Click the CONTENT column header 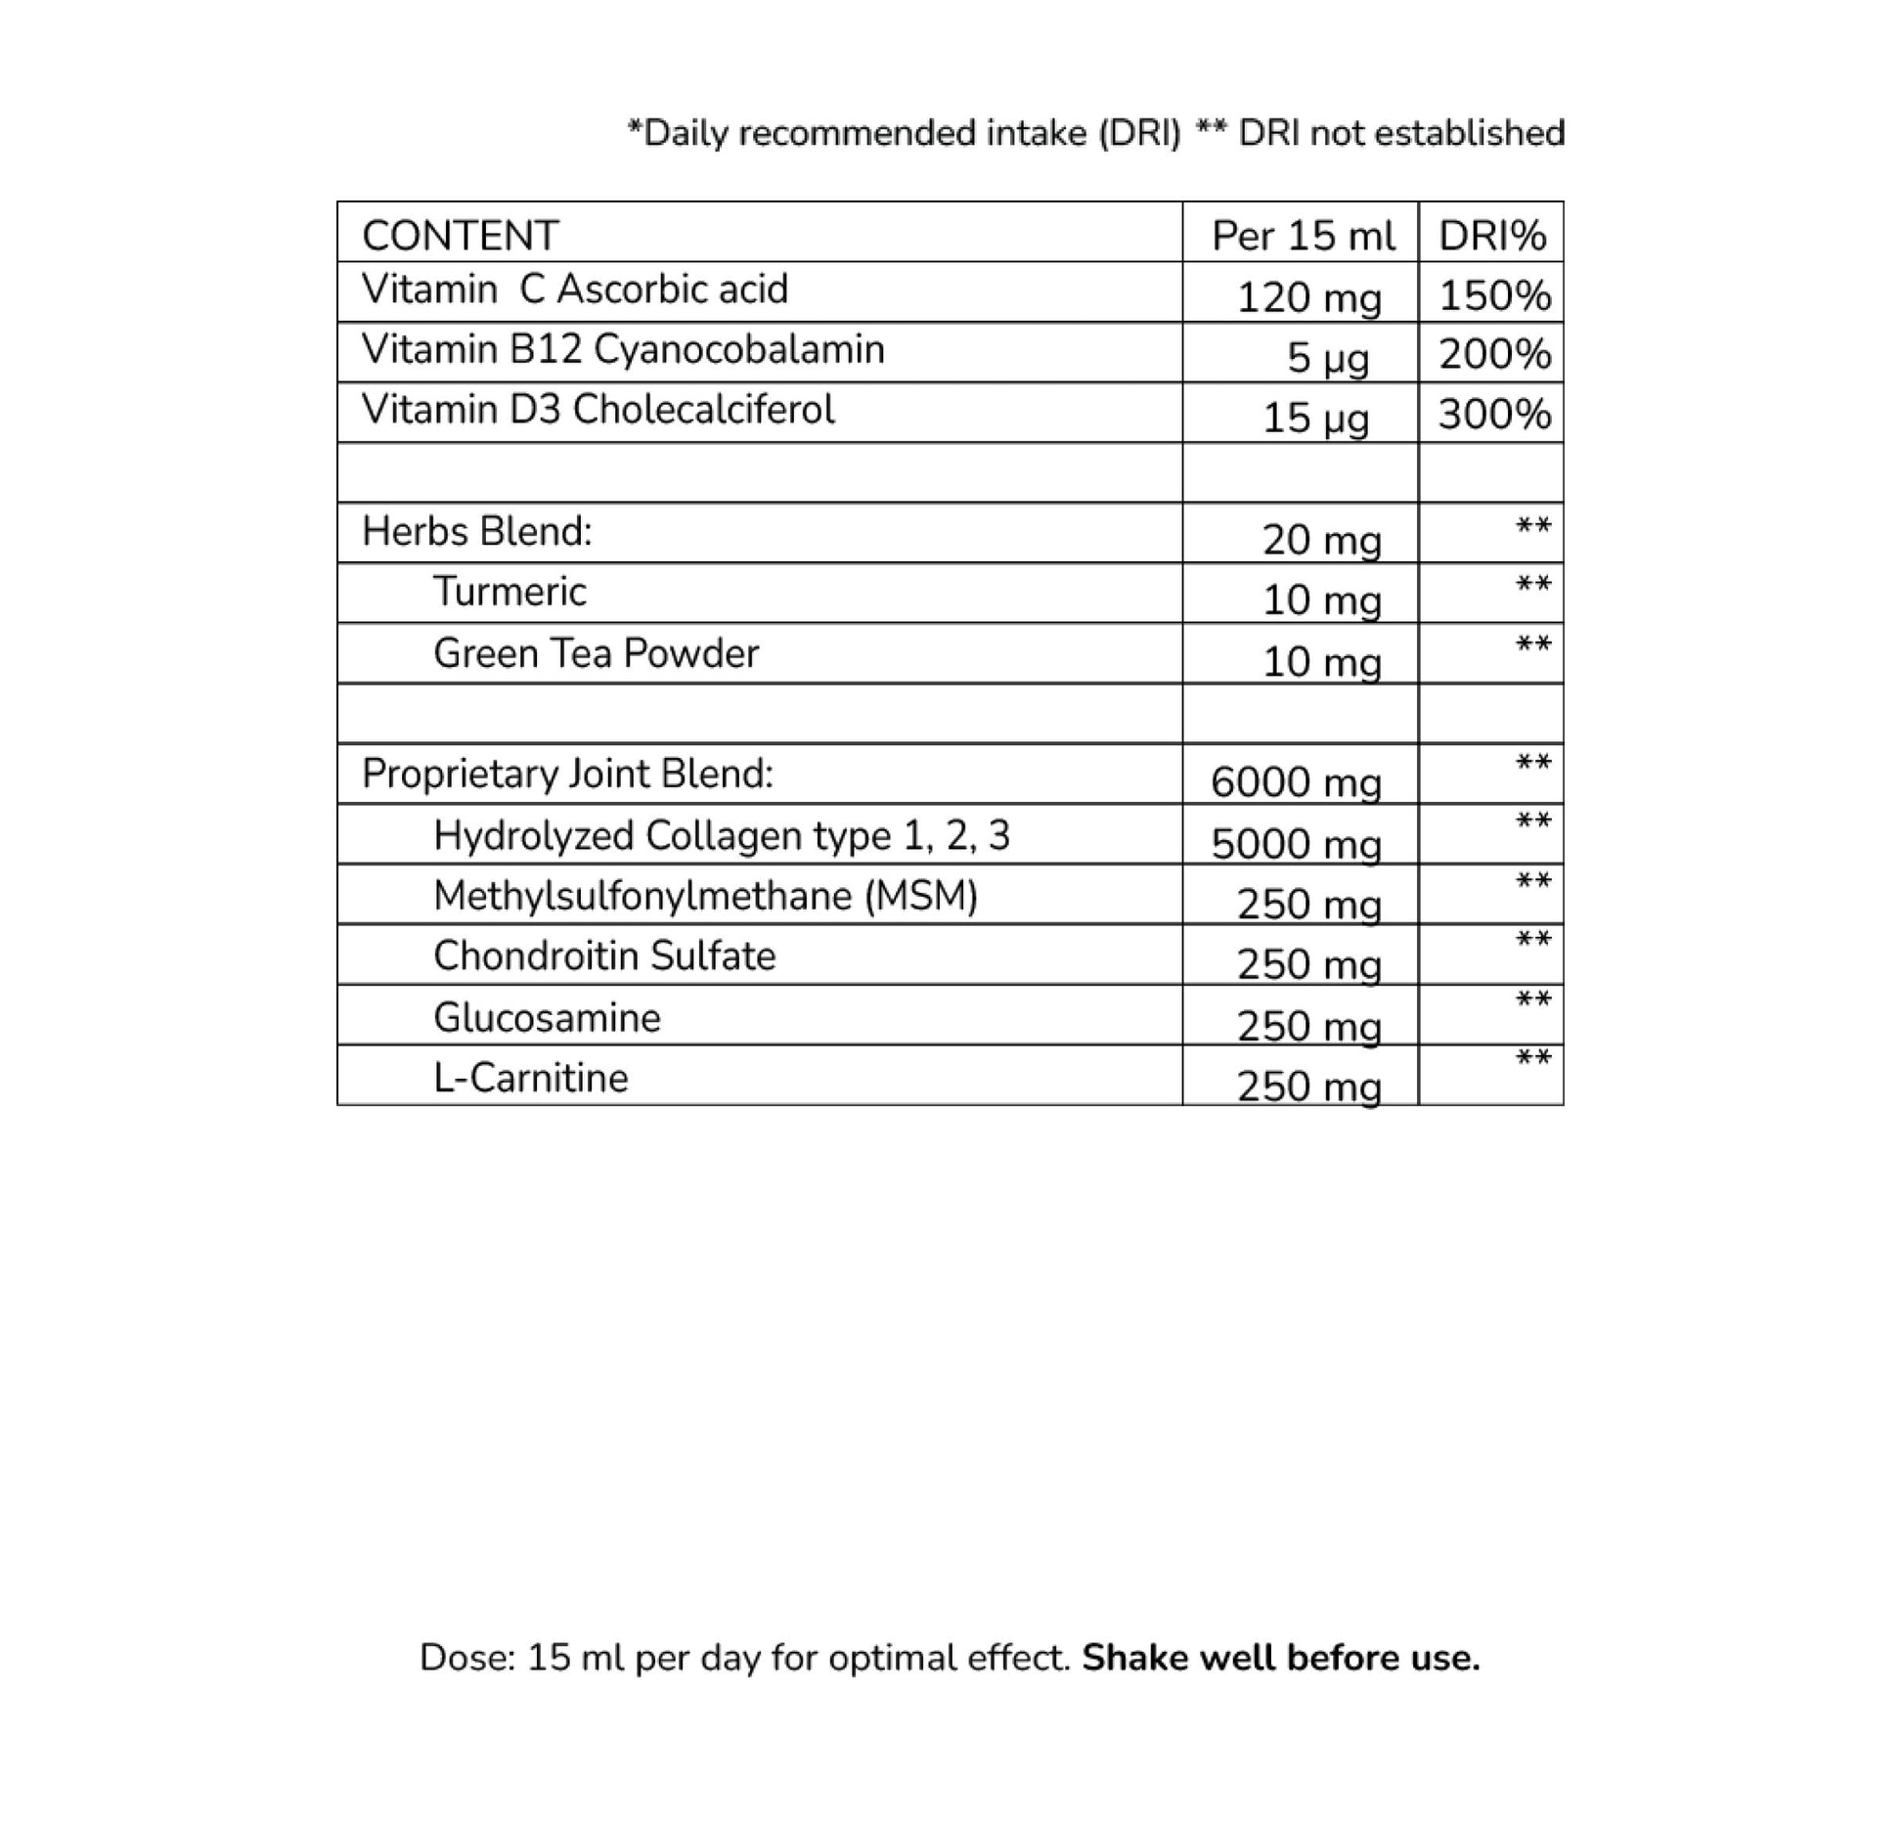[460, 236]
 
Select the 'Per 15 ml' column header [1303, 236]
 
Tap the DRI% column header [1492, 236]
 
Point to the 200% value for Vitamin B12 [1494, 354]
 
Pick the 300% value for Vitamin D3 [1494, 415]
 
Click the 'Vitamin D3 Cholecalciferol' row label [597, 409]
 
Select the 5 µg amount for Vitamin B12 [1327, 358]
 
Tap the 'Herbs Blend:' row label [477, 531]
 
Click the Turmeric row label [509, 592]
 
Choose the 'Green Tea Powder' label [596, 653]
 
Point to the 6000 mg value [1296, 782]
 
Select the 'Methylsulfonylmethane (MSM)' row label [705, 896]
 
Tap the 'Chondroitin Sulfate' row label [604, 956]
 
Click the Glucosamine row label [547, 1018]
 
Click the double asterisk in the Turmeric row [1532, 586]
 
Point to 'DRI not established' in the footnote [1400, 133]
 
